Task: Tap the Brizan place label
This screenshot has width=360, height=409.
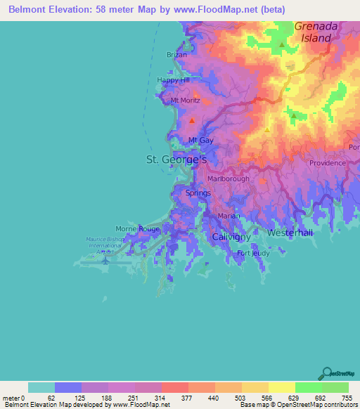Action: point(176,55)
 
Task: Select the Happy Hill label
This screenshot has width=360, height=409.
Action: point(173,81)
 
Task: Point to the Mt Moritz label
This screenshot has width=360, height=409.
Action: point(186,100)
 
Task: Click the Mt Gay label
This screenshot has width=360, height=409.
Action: point(200,141)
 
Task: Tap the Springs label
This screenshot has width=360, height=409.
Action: point(197,193)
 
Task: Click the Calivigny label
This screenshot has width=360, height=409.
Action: point(231,238)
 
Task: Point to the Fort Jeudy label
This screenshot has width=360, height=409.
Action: point(253,253)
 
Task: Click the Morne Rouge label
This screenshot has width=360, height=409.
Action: point(138,229)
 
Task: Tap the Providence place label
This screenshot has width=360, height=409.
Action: point(327,162)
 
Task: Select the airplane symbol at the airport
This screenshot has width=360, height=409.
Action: point(105,259)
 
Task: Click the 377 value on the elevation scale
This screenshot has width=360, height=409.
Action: point(174,398)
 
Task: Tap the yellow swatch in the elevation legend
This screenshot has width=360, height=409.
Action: point(281,387)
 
